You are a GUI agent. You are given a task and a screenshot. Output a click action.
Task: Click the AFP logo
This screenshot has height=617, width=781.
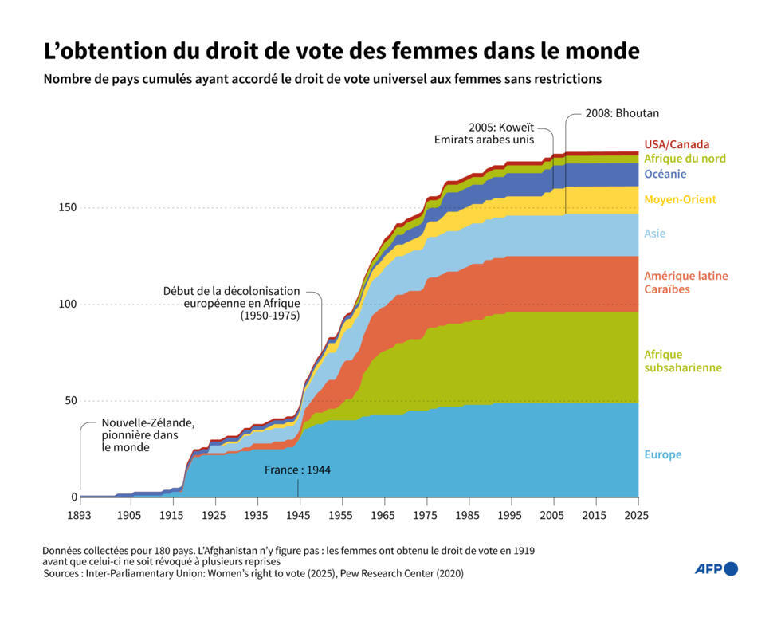716,568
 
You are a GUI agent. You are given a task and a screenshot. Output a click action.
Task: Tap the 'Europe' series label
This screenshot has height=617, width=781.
662,454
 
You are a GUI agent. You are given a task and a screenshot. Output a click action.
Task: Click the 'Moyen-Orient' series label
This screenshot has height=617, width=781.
679,199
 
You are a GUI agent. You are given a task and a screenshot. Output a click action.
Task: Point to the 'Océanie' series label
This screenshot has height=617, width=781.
665,174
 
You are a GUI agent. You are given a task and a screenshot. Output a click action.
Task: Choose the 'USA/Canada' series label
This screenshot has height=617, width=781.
676,144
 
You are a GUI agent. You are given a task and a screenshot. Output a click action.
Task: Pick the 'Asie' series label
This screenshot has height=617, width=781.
654,234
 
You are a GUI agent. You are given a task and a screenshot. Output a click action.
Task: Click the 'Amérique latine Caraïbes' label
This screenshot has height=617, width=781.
685,282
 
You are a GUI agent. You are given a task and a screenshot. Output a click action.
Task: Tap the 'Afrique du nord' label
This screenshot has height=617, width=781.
684,159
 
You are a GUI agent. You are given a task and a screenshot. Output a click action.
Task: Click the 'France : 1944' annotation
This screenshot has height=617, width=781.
297,470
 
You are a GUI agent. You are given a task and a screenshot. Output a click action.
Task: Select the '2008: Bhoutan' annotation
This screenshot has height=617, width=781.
622,113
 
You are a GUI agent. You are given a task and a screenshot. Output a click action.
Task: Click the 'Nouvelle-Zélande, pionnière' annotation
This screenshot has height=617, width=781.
147,435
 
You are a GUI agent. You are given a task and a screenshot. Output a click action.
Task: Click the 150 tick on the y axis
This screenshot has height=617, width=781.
66,207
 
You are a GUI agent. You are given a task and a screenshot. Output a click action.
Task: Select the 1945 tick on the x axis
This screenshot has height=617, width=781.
299,516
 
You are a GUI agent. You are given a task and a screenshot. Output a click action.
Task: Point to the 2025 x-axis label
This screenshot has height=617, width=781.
638,516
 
